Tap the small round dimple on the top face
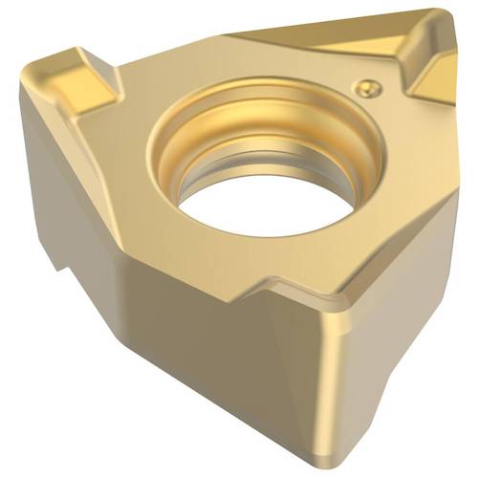pyautogui.click(x=365, y=87)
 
